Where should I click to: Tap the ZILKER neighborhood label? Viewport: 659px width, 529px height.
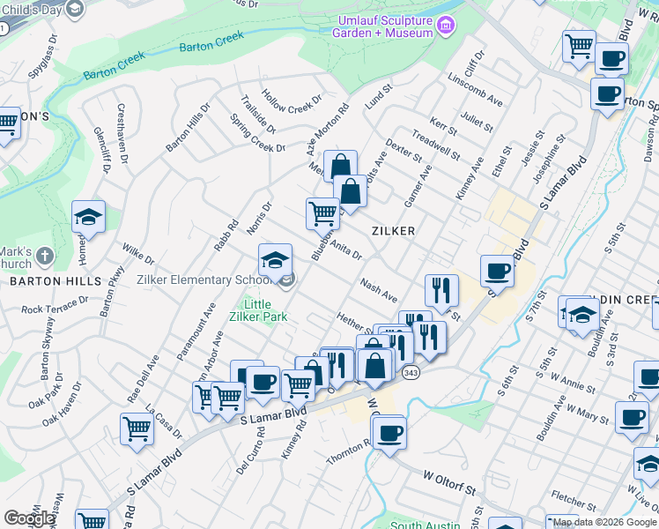(x=393, y=230)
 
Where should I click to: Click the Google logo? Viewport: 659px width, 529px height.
(x=28, y=518)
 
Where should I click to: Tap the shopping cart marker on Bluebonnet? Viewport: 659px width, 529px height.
(x=322, y=213)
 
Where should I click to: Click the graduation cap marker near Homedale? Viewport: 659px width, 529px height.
(x=88, y=218)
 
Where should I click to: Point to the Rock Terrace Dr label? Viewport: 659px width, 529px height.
(x=55, y=305)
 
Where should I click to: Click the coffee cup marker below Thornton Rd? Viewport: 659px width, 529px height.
(x=388, y=433)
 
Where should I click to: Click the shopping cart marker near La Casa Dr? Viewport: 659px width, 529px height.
(x=137, y=429)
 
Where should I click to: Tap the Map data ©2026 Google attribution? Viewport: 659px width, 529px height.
(x=605, y=522)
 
